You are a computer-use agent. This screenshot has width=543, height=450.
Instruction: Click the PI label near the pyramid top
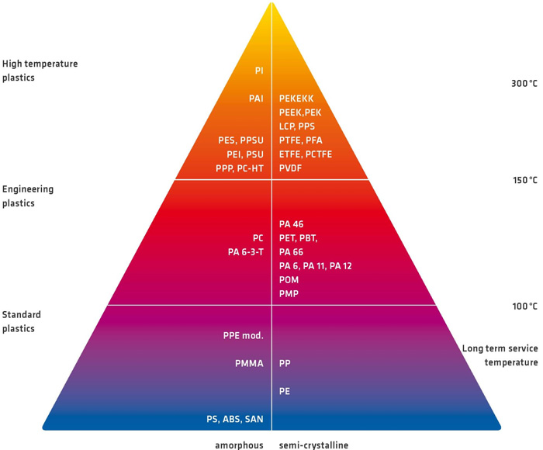[x=259, y=71]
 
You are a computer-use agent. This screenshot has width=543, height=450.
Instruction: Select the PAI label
[x=256, y=99]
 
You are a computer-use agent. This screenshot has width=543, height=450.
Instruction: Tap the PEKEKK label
[x=296, y=99]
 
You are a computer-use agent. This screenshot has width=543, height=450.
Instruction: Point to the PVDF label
[x=291, y=168]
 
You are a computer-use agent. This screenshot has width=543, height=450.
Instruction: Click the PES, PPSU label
[x=240, y=140]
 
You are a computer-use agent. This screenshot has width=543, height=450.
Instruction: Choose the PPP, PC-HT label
[x=240, y=168]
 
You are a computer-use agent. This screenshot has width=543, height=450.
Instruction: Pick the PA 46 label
[x=291, y=224]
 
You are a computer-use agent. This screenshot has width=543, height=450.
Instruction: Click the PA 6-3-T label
[x=246, y=252]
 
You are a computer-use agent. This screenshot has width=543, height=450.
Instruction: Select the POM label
[x=289, y=280]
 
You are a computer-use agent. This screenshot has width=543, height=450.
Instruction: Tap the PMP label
[x=289, y=294]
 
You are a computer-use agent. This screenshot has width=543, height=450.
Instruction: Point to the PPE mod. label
[x=244, y=336]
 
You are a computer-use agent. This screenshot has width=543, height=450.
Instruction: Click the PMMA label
[x=249, y=363]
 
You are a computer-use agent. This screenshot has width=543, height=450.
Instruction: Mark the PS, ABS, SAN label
[x=235, y=419]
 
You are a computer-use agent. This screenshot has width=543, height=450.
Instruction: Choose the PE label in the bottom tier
[x=285, y=392]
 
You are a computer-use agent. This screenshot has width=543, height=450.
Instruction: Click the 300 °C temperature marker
[x=524, y=84]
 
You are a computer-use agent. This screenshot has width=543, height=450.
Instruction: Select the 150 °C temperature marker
[x=525, y=180]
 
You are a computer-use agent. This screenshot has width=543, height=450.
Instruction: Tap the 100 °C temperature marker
[x=525, y=306]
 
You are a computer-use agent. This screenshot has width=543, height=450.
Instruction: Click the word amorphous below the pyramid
[x=239, y=445]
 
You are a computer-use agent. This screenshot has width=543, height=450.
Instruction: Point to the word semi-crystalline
[x=313, y=445]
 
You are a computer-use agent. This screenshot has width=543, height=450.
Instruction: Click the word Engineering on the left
[x=28, y=189]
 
